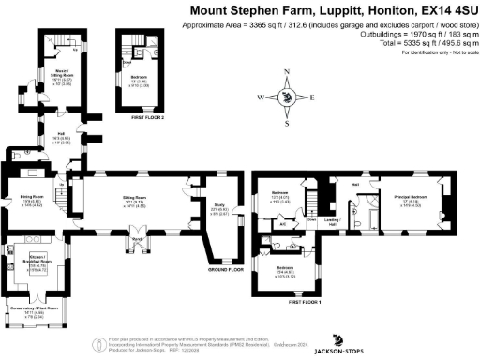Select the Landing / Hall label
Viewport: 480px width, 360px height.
coord(331,222)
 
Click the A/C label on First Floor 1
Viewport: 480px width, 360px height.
coord(283,224)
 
